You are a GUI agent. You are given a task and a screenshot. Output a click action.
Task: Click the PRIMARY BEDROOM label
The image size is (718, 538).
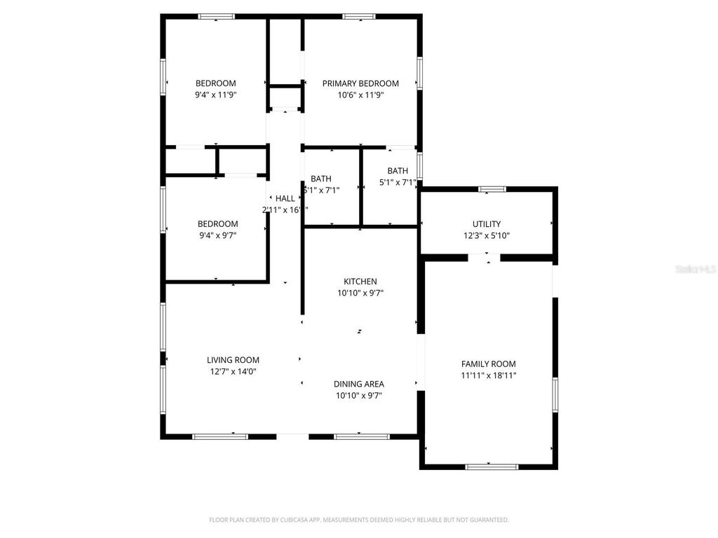pos(360,83)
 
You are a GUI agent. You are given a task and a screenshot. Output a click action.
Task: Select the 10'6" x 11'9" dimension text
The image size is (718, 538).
pos(360,95)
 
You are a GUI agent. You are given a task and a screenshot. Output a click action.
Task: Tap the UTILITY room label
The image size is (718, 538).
pos(487,224)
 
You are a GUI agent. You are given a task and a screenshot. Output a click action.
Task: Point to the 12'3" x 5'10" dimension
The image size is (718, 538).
pos(487,236)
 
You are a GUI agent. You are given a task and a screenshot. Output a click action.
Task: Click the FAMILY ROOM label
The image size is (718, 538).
pos(488,364)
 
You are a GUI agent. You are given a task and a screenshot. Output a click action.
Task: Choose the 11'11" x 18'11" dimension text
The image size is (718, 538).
pos(488,375)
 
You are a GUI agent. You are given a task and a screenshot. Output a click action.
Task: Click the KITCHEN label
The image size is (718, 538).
pos(360,282)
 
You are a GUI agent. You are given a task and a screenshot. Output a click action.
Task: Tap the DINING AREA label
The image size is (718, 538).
pos(358,384)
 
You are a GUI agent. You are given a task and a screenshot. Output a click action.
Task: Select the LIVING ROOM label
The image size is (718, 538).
pos(233,360)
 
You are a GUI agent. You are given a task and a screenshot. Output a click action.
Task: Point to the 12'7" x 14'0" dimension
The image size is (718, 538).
pos(233,372)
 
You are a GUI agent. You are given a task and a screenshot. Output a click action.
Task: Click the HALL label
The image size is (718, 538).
pos(285,198)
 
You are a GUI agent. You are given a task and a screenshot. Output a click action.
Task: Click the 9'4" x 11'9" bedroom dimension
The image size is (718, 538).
pos(215,95)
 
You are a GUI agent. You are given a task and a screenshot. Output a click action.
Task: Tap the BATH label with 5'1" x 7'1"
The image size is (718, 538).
pos(398,171)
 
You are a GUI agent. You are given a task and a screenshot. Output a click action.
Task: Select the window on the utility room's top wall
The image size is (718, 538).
pos(492,188)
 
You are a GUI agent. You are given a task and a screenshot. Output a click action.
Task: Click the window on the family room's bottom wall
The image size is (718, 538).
pos(492,467)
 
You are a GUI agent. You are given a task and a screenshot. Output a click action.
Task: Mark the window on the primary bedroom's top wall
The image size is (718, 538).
pos(359,16)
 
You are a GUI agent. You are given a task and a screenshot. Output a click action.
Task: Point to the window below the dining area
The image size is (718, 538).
pos(362,436)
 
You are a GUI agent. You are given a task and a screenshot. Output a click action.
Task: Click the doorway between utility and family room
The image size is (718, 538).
pos(484,258)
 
